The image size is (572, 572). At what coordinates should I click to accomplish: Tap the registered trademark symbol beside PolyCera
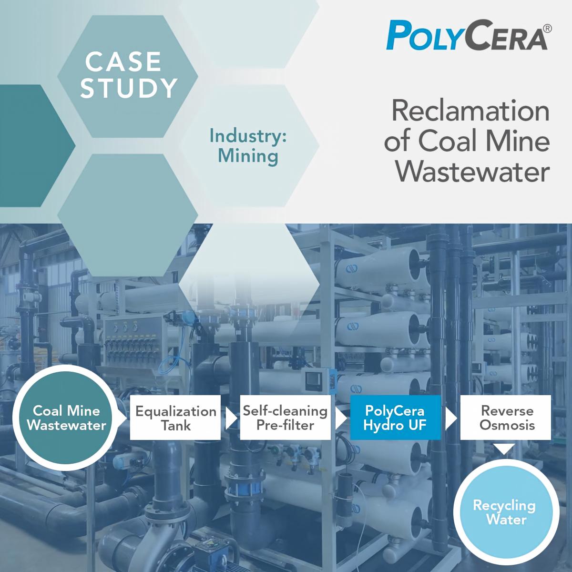pos(548,28)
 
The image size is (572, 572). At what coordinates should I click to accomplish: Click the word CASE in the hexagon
pos(123,62)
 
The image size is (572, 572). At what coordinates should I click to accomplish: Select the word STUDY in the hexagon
pos(129,88)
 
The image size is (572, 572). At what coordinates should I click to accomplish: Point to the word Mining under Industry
pos(248,156)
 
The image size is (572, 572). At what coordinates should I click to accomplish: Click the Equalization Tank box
pos(175,417)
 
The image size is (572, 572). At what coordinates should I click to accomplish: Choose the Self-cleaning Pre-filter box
pos(285,417)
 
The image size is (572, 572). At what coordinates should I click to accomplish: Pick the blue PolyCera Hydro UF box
pos(395,417)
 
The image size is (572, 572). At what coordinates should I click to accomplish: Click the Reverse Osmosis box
pos(506,417)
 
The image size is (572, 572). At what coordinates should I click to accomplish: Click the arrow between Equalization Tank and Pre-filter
pos(231,418)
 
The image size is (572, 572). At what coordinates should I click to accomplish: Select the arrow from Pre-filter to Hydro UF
pos(341,418)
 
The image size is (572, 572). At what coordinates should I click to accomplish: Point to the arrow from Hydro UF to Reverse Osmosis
pos(451,418)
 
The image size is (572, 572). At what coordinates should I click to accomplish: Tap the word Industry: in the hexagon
pos(248,136)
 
